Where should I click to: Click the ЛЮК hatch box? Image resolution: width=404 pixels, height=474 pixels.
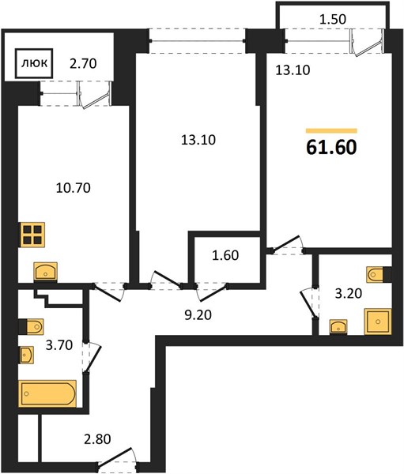pyautogui.click(x=34, y=63)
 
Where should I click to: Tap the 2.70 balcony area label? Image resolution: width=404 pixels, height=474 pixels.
pyautogui.click(x=83, y=64)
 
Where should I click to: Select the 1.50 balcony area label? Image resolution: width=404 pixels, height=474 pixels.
pyautogui.click(x=333, y=19)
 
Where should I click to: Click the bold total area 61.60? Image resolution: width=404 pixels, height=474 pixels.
pyautogui.click(x=331, y=148)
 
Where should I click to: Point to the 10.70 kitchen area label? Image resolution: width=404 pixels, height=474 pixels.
pyautogui.click(x=74, y=188)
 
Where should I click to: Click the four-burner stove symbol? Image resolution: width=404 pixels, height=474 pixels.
pyautogui.click(x=32, y=235)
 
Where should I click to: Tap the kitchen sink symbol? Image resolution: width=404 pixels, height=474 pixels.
pyautogui.click(x=45, y=272)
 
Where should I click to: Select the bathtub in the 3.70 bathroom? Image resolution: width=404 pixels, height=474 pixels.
pyautogui.click(x=47, y=393)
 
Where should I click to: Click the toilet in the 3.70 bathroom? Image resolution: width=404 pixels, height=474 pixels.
pyautogui.click(x=32, y=326)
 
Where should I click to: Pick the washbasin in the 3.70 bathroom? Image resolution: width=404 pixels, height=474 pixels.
pyautogui.click(x=27, y=355)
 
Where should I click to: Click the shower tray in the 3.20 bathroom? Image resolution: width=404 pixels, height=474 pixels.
pyautogui.click(x=378, y=322)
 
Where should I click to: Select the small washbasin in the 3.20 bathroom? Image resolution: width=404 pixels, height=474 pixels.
pyautogui.click(x=338, y=327)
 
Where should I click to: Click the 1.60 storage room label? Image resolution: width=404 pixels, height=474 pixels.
pyautogui.click(x=225, y=255)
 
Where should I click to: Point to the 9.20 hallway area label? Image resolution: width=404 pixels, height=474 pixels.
pyautogui.click(x=198, y=315)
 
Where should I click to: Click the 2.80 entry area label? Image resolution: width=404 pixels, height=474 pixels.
pyautogui.click(x=97, y=439)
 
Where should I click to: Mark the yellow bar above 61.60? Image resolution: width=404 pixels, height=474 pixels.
pyautogui.click(x=331, y=131)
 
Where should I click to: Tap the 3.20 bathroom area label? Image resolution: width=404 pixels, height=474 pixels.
pyautogui.click(x=349, y=293)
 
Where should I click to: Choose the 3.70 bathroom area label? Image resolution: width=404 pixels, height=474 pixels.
pyautogui.click(x=59, y=344)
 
